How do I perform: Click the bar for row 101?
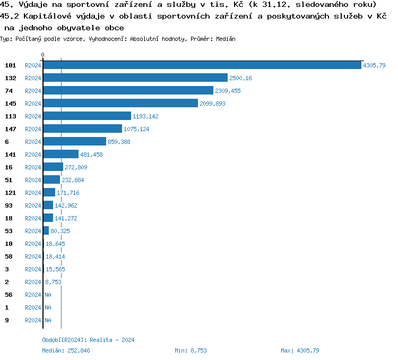click(x=202, y=65)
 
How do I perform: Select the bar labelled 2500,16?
click(x=135, y=78)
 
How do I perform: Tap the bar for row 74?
click(x=128, y=91)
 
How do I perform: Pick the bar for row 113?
click(x=87, y=116)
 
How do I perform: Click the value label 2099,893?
click(x=212, y=104)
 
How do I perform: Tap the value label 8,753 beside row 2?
click(x=54, y=282)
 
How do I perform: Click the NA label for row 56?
click(x=48, y=295)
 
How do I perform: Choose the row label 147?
click(x=11, y=129)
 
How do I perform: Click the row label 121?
click(x=11, y=193)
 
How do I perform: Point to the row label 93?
click(x=8, y=205)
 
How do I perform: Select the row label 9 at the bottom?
click(x=6, y=320)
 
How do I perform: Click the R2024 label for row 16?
click(x=33, y=167)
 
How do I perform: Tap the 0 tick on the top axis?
click(x=43, y=55)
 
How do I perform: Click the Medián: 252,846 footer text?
click(x=66, y=350)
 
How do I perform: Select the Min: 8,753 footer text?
click(x=191, y=350)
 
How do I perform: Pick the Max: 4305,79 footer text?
click(x=300, y=350)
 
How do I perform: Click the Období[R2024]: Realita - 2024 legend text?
click(x=88, y=340)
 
